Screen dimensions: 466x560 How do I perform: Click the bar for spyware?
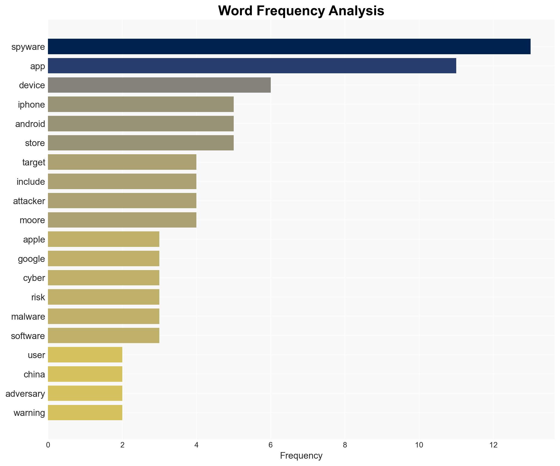289,47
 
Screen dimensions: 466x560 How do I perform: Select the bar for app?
252,66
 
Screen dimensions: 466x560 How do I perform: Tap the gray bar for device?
159,85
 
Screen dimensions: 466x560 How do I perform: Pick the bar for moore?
122,220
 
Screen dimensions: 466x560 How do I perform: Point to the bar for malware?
104,316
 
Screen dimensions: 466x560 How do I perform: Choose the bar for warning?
85,413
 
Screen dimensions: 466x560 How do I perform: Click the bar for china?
85,374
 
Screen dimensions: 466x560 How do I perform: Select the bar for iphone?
141,104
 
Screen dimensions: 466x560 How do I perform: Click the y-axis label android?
30,124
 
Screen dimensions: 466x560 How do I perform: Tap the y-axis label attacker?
29,201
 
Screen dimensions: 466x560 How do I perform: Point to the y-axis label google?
31,259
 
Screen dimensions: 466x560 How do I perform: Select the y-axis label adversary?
25,394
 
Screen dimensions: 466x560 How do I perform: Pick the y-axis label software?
28,336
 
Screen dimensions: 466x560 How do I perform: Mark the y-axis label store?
35,143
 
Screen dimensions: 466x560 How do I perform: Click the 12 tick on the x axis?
493,445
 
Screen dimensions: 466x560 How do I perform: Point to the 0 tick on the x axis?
48,445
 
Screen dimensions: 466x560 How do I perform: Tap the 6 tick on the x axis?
270,445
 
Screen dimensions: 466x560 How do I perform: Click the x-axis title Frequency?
301,456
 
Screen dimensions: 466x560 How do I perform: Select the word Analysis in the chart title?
356,11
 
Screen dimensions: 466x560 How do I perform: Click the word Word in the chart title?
235,11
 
